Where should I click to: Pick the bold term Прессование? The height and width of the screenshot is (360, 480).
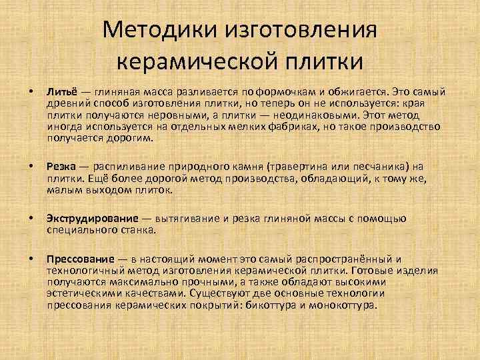pos(79,259)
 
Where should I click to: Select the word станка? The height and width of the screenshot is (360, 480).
pos(137,229)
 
